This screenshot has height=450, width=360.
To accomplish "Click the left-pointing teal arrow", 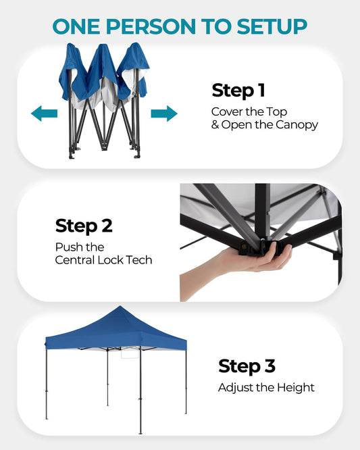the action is pos(44,114).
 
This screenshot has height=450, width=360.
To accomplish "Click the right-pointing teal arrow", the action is pos(164,114).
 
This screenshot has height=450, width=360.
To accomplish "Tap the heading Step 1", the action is pos(238,91).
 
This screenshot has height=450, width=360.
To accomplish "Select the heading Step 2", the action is pos(84,226).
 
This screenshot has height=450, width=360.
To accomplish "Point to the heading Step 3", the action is pos(247,366).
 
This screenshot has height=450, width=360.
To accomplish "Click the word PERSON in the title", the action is pos(151,26).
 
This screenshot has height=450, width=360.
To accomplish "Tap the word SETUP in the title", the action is pos(272,26).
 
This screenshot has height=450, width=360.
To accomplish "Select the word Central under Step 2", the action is pos(75,260).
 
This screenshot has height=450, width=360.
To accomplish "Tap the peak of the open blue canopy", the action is pos(120,306).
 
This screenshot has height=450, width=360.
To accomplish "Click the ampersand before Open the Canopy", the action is pos(215,125).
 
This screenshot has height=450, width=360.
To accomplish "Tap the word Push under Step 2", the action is pos(67,247).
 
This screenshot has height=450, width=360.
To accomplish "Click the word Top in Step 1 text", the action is pos(276,112).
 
